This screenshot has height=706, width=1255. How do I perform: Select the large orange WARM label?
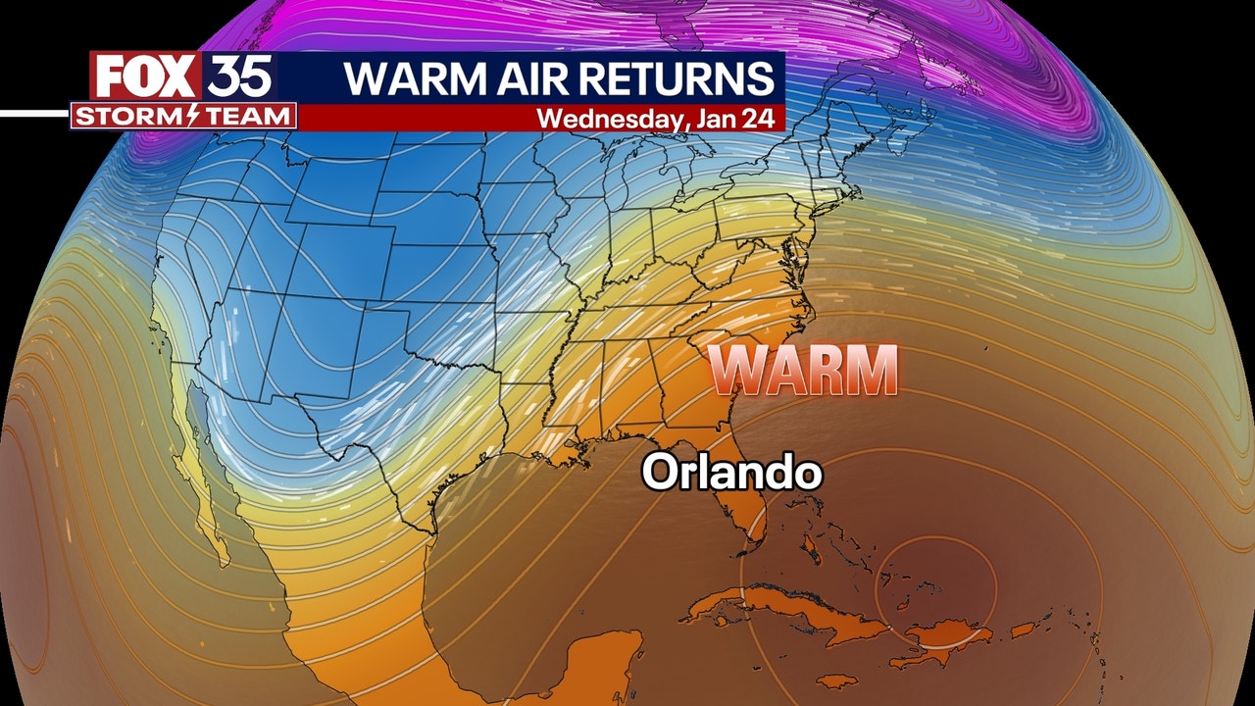tap(803, 371)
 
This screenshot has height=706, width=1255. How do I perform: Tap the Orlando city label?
tap(731, 473)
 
